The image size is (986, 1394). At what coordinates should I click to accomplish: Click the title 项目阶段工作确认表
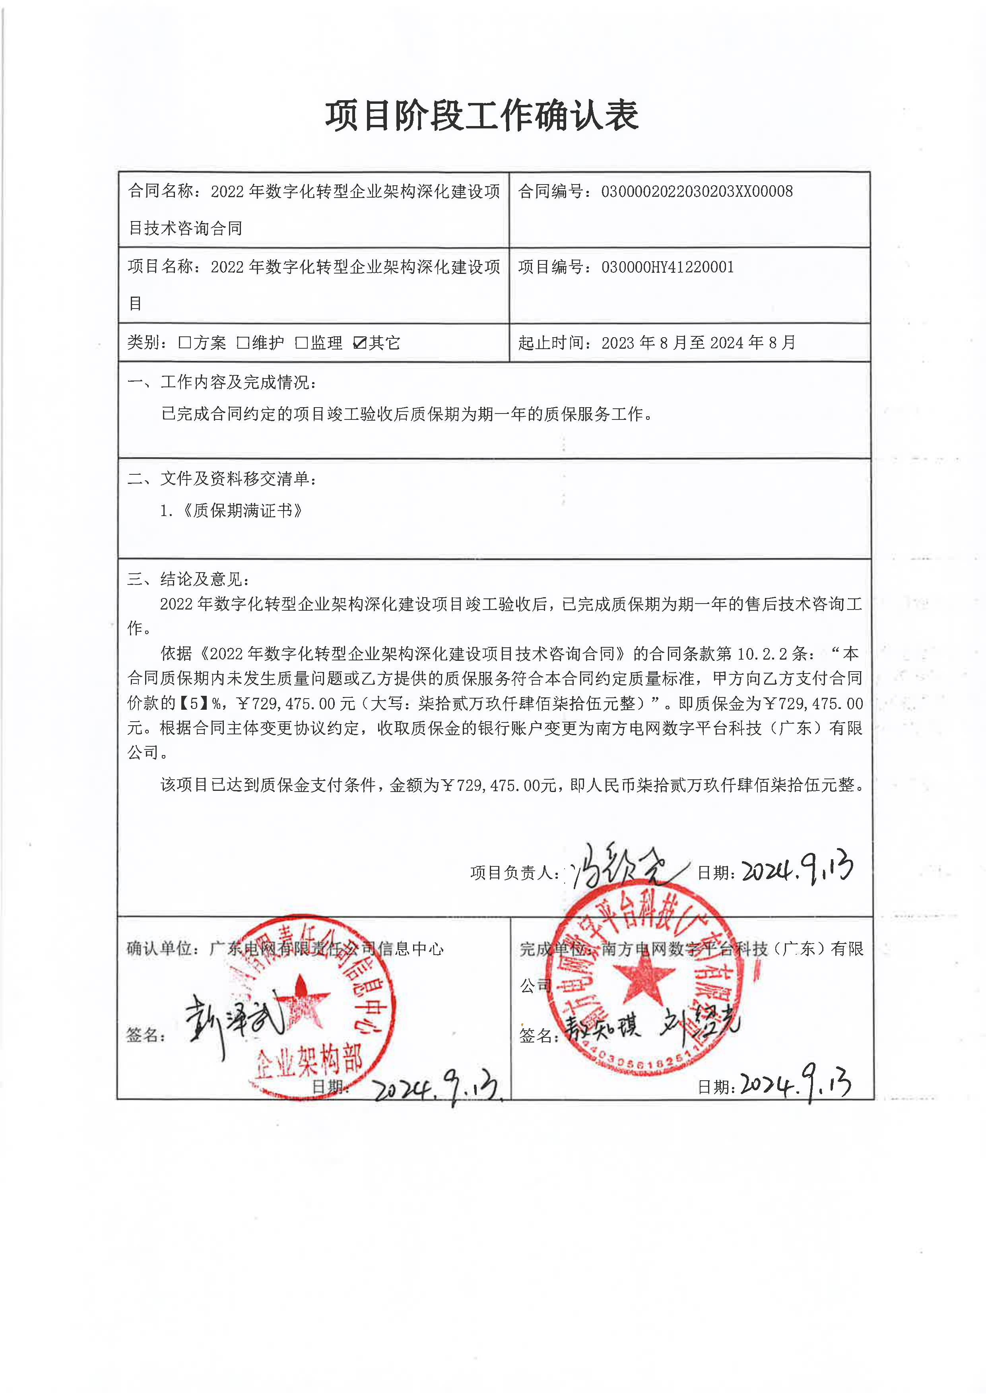[x=481, y=115]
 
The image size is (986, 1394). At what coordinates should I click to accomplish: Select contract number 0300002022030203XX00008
[x=697, y=192]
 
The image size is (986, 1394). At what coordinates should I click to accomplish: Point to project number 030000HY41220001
[x=667, y=267]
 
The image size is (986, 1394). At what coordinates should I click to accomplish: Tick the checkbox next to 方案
[x=184, y=343]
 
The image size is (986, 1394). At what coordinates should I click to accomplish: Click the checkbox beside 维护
[x=243, y=343]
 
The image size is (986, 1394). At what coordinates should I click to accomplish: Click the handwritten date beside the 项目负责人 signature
[x=797, y=868]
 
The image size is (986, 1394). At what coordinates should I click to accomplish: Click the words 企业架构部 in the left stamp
[x=310, y=1060]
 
